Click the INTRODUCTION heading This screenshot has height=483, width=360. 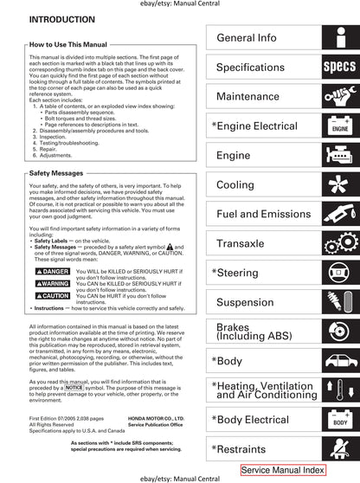tap(61, 19)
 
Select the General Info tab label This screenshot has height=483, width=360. tap(247, 38)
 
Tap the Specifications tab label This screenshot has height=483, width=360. tap(250, 68)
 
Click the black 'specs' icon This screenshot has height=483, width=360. tap(339, 67)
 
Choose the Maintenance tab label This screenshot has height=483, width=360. tap(247, 97)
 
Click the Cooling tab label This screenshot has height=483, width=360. tap(235, 185)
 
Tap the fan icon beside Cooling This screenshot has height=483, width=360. tap(339, 185)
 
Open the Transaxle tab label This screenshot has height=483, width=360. tap(240, 244)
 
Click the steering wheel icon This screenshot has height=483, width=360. tap(339, 274)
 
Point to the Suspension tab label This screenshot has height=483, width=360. tap(245, 303)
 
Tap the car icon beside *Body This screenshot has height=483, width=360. tap(339, 361)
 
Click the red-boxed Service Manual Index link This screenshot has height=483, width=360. tap(283, 470)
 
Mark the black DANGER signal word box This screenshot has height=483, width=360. tap(52, 272)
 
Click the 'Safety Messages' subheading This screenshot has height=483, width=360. tap(57, 173)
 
